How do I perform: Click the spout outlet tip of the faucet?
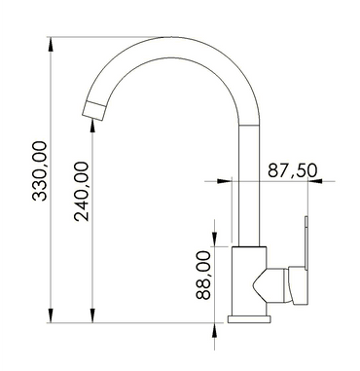(x=93, y=109)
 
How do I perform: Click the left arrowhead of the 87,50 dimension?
(x=225, y=182)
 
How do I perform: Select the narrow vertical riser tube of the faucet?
(x=249, y=195)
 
